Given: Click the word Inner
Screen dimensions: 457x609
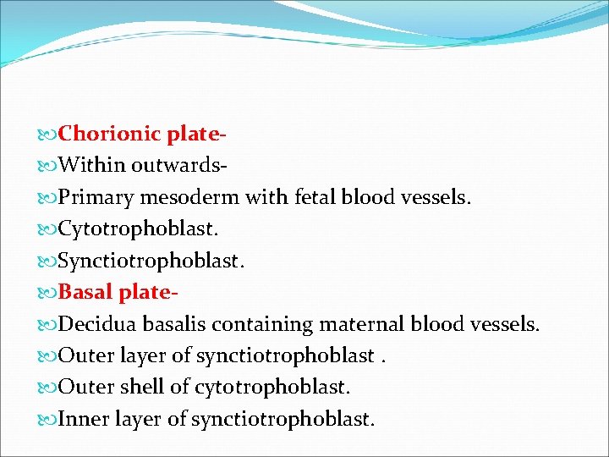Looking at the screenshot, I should pos(84,419).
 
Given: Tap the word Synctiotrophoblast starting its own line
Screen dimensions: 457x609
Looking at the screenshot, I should pos(151,262).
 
